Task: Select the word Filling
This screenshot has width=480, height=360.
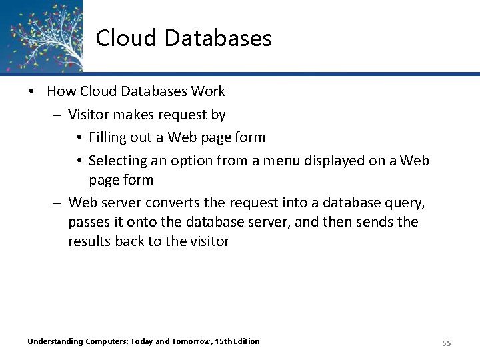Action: tap(110, 138)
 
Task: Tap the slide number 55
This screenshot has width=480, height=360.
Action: tap(447, 343)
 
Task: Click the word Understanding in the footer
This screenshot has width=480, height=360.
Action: tap(55, 342)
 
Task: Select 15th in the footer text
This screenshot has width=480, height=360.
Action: tap(225, 342)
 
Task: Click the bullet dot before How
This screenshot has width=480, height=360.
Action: tap(33, 91)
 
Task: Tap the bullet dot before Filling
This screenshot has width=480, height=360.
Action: tap(79, 138)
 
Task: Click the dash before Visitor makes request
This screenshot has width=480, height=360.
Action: tap(58, 115)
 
